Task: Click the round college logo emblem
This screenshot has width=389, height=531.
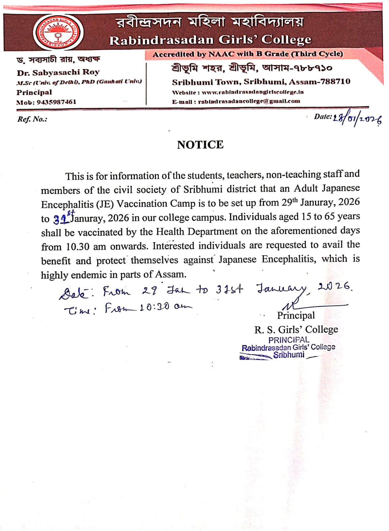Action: [58, 33]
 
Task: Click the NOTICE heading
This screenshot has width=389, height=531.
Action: [200, 145]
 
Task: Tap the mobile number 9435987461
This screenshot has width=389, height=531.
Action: [56, 102]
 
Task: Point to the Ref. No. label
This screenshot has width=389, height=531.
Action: [32, 119]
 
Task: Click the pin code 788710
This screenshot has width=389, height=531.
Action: [335, 82]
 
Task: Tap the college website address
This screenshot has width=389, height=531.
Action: [252, 92]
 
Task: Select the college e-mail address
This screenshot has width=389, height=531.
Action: [249, 101]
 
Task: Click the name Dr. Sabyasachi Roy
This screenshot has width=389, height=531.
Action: [58, 72]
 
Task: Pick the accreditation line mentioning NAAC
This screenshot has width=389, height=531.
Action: [247, 54]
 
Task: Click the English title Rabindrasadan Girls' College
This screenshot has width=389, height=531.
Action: [210, 40]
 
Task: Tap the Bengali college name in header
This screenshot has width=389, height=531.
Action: [210, 22]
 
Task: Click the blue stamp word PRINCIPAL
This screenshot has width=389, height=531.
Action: [289, 340]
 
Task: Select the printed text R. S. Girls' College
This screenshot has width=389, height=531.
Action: [296, 329]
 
